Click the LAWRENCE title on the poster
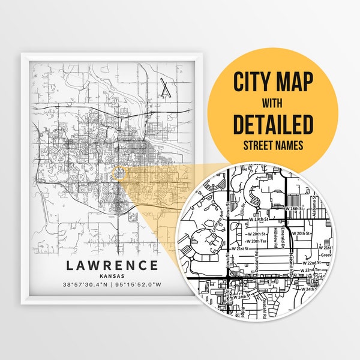point(113,265)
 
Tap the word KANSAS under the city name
point(113,275)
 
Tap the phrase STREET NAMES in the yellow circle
point(274,144)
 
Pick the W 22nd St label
point(311,263)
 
